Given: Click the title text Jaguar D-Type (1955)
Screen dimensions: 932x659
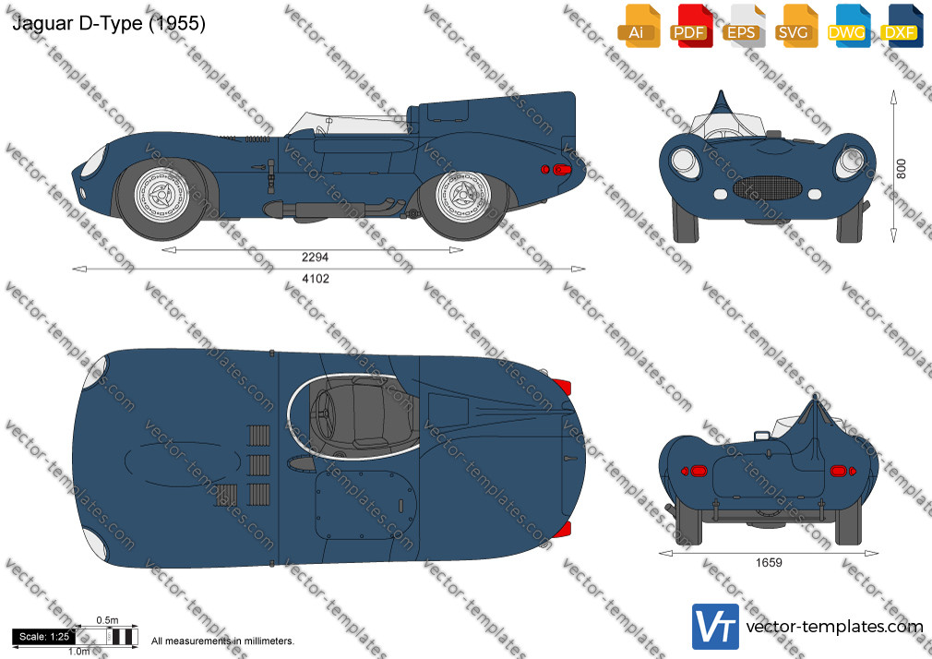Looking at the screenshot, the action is tap(109, 23).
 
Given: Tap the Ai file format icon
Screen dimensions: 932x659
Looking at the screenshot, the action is tap(639, 26).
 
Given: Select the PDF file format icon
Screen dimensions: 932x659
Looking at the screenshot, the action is tap(691, 26).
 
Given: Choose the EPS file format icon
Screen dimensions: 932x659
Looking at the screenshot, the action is tap(744, 26).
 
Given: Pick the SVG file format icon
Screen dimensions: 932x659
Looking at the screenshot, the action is tap(795, 26).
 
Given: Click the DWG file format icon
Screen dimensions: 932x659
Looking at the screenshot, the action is tap(849, 26).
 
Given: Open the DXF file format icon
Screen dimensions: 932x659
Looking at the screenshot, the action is tap(902, 26).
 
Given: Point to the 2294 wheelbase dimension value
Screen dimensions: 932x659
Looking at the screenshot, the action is tap(315, 257).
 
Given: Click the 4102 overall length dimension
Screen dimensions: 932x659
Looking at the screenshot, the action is tap(316, 279).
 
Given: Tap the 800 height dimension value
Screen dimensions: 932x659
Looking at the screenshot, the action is tap(902, 169).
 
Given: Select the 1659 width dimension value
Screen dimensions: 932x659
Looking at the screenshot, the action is tap(769, 563).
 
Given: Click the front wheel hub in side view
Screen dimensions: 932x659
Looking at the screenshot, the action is tap(161, 195).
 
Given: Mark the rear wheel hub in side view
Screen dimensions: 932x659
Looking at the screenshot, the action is tap(463, 195).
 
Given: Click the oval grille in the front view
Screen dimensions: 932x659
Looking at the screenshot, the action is tap(768, 188).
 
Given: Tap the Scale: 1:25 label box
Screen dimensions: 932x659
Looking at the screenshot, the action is tap(44, 637).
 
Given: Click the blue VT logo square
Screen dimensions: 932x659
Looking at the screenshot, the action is tap(715, 627).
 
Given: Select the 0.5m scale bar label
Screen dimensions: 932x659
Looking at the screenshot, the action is tap(108, 620).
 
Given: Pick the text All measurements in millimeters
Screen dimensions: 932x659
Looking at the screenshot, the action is tap(222, 641).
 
